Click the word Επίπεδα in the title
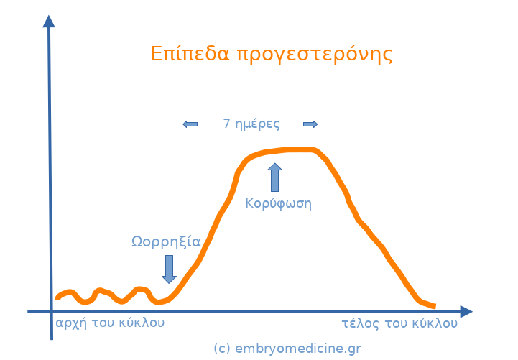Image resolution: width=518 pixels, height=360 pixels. pyautogui.click(x=190, y=53)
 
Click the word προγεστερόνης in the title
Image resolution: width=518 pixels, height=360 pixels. pyautogui.click(x=315, y=55)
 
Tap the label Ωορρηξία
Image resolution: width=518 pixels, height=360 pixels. pyautogui.click(x=166, y=241)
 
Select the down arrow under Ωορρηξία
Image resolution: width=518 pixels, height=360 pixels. pyautogui.click(x=169, y=269)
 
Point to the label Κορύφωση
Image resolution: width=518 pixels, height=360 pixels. pyautogui.click(x=278, y=203)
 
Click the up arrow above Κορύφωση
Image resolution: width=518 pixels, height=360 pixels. pyautogui.click(x=275, y=177)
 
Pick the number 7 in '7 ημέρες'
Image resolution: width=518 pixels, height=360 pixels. pyautogui.click(x=226, y=123)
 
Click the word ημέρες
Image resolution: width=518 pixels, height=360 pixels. pyautogui.click(x=257, y=124)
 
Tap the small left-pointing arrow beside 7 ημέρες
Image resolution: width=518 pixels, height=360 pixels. pyautogui.click(x=190, y=124)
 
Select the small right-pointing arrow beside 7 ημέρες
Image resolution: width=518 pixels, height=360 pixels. pyautogui.click(x=310, y=124)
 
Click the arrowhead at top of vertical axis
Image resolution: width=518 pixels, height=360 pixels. pyautogui.click(x=49, y=21)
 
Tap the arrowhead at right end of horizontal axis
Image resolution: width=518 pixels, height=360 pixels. pyautogui.click(x=466, y=311)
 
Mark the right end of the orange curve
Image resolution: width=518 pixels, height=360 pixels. pyautogui.click(x=435, y=307)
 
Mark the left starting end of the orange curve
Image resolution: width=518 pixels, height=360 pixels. pyautogui.click(x=57, y=297)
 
